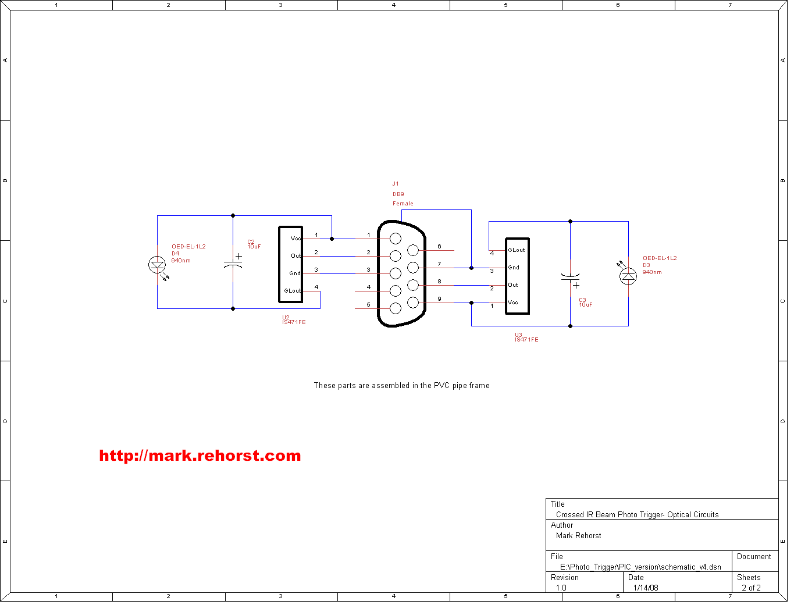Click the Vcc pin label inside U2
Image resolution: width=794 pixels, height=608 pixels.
click(x=296, y=239)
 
